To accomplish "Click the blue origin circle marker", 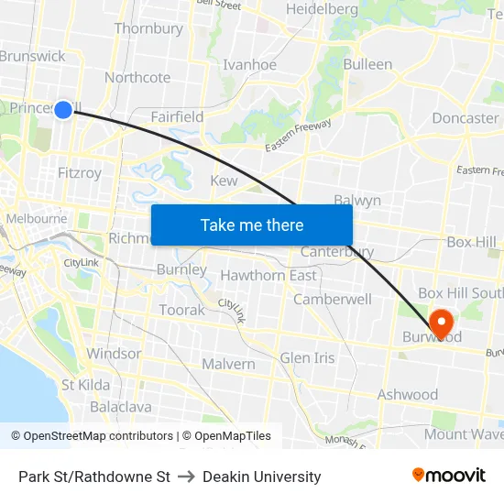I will point(63,110).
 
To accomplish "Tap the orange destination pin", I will point(441,323).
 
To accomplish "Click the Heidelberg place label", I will point(322,9).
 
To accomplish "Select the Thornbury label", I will point(148,29).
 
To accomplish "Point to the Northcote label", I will point(137,78).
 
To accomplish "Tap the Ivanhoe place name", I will point(250,65).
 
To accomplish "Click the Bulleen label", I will point(367,65).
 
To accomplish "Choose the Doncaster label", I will point(465,118).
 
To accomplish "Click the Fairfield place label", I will point(177,117).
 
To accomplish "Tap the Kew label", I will point(224,181).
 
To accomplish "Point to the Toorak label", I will point(182,311).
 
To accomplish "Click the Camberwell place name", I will point(333,300).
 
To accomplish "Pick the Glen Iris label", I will point(307,358).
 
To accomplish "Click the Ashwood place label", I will point(408,395).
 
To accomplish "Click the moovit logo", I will point(449,476).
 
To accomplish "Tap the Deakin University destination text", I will point(262,477).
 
